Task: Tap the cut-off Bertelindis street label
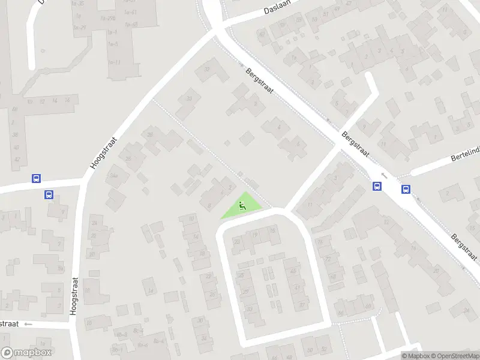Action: click(x=465, y=158)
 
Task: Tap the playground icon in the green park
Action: click(x=242, y=207)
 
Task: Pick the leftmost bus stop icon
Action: click(x=36, y=178)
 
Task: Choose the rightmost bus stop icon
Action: click(x=406, y=190)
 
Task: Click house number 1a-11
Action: click(x=115, y=62)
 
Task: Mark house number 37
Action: click(x=302, y=305)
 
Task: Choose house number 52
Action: click(x=324, y=349)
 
